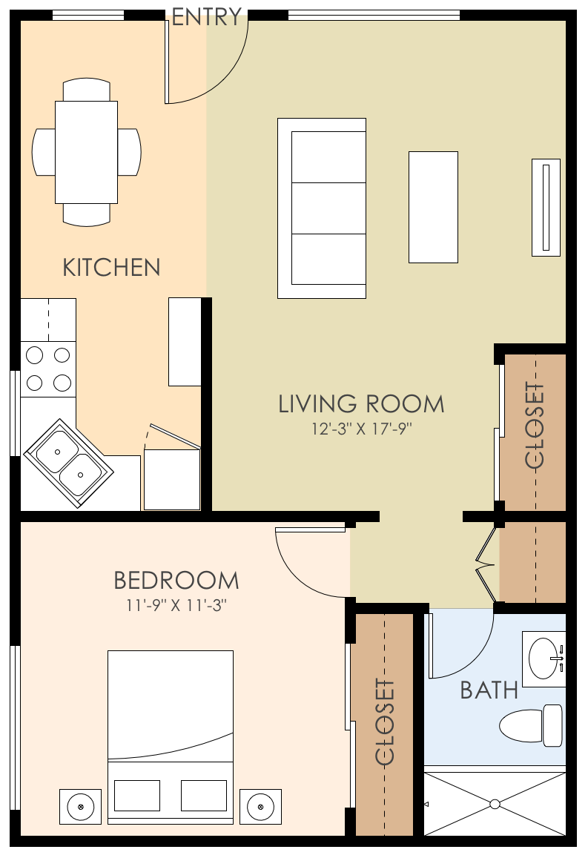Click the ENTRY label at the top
click(x=207, y=16)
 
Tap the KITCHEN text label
click(x=111, y=268)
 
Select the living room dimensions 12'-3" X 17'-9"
click(x=362, y=429)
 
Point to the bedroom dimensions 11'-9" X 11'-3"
click(x=176, y=605)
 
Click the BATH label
click(x=489, y=690)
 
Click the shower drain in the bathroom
click(x=495, y=804)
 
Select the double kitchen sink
click(x=69, y=463)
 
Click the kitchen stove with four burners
click(x=48, y=369)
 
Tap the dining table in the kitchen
click(x=86, y=152)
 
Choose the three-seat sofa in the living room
click(x=322, y=208)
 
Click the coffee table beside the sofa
click(x=433, y=207)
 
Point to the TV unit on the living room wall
click(x=546, y=207)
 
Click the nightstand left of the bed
click(x=80, y=805)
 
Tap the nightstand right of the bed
click(x=260, y=805)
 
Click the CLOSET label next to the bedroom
click(x=385, y=722)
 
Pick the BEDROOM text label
click(x=176, y=580)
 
